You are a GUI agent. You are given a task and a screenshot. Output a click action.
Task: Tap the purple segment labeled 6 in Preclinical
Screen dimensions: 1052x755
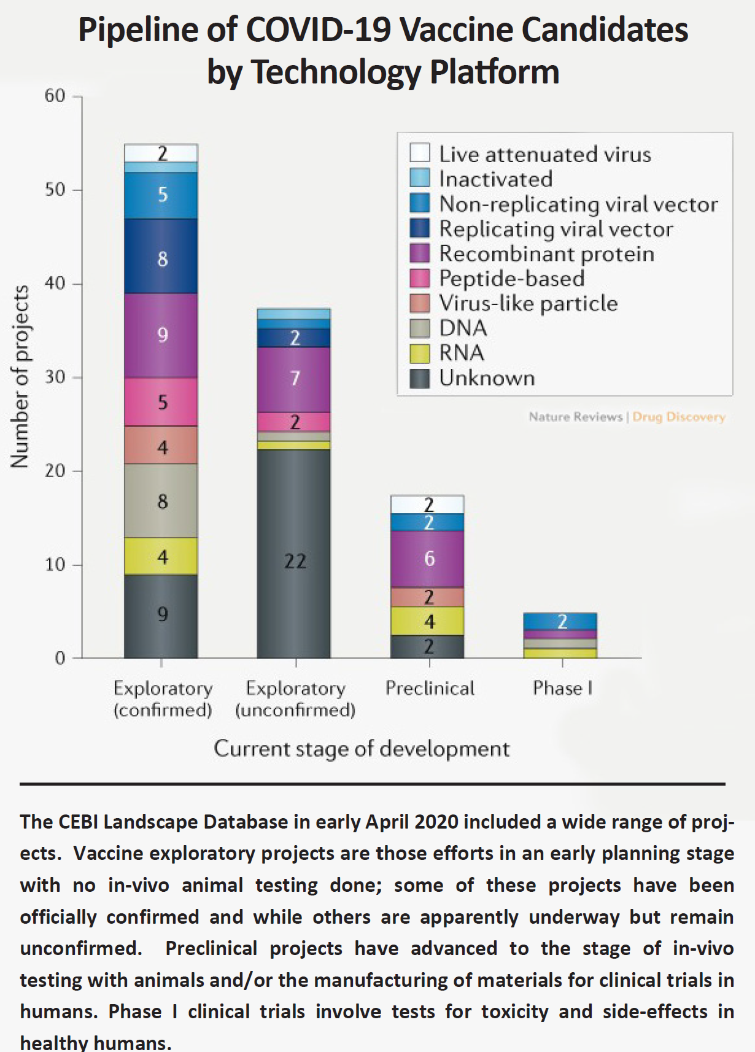pos(428,559)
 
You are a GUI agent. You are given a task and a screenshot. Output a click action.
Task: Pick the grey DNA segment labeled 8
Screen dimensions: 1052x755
pos(161,501)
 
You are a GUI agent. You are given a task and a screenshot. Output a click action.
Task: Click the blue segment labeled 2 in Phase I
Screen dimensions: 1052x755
pos(560,621)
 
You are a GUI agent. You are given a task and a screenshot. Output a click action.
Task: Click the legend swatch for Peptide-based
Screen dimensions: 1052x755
pos(420,278)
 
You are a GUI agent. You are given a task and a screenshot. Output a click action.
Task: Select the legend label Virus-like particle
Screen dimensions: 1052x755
pos(528,303)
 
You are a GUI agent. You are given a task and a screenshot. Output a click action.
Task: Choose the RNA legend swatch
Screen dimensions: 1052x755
pos(420,353)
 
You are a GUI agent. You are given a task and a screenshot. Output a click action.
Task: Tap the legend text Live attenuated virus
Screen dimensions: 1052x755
pos(545,154)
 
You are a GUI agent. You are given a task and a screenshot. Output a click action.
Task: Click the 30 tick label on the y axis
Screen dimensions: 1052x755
pos(55,377)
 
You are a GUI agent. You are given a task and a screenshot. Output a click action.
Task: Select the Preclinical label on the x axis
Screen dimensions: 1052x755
pos(430,688)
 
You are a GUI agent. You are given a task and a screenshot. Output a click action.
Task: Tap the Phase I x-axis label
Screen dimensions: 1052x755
pos(562,688)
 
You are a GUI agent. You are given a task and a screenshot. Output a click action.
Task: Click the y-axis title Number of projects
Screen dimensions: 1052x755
pos(20,377)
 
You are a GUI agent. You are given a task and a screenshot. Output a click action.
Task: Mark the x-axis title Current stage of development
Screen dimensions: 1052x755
pos(362,748)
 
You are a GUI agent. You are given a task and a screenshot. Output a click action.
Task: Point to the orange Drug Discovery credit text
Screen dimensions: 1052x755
pos(678,417)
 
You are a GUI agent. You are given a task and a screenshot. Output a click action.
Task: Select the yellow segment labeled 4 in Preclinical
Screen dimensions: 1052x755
pos(428,621)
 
